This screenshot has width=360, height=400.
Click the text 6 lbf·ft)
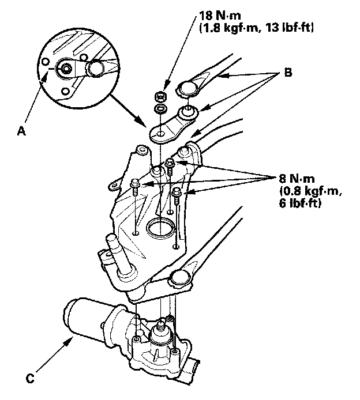(x=299, y=205)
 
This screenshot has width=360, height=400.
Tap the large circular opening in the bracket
(x=160, y=228)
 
